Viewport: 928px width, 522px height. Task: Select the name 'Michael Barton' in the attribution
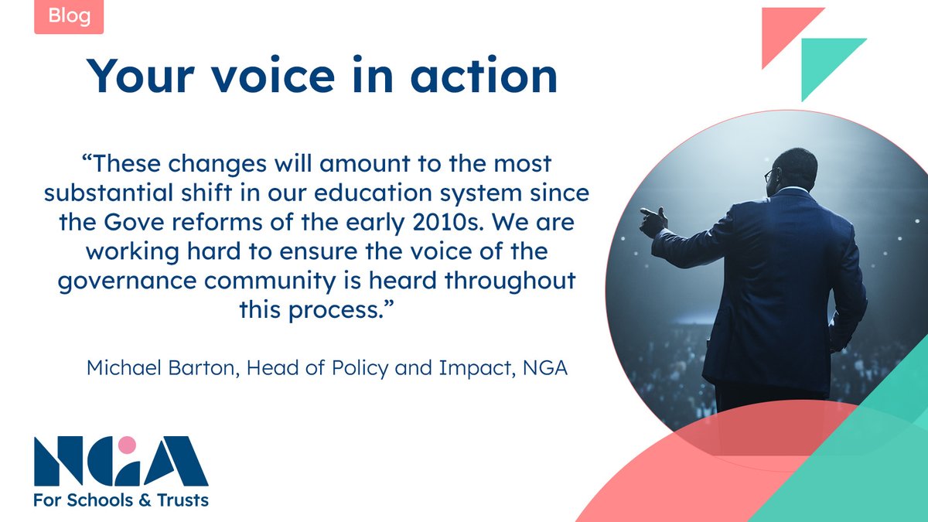(162, 368)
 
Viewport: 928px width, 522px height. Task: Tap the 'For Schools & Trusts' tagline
(121, 500)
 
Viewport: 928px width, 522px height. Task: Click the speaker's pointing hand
(652, 221)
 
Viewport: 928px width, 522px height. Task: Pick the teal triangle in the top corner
(826, 62)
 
